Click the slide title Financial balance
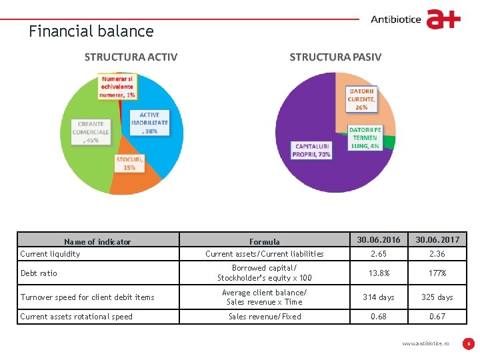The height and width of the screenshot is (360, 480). point(91,31)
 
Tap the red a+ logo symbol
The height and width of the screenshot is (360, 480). point(443,19)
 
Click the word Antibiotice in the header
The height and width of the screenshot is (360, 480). point(396,19)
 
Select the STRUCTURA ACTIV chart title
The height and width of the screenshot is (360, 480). point(131,57)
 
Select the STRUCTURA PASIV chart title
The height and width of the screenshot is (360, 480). point(335,57)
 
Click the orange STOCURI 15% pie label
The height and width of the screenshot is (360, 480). point(129,163)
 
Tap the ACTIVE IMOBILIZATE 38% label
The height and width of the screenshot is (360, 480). point(149,123)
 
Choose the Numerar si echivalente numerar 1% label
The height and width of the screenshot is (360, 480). point(117,87)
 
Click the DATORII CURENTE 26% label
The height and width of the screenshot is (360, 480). point(361,99)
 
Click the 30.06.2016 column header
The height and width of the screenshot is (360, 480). point(378,239)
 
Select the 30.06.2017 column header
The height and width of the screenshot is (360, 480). point(437,239)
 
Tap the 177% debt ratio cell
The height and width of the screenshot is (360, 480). point(437,273)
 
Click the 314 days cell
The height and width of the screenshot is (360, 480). point(378,297)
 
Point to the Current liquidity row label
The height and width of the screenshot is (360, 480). point(50,253)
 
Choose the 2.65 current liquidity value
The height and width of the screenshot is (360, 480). point(378,253)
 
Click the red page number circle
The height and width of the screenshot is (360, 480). point(469,344)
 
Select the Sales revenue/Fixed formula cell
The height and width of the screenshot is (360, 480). point(265,317)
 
